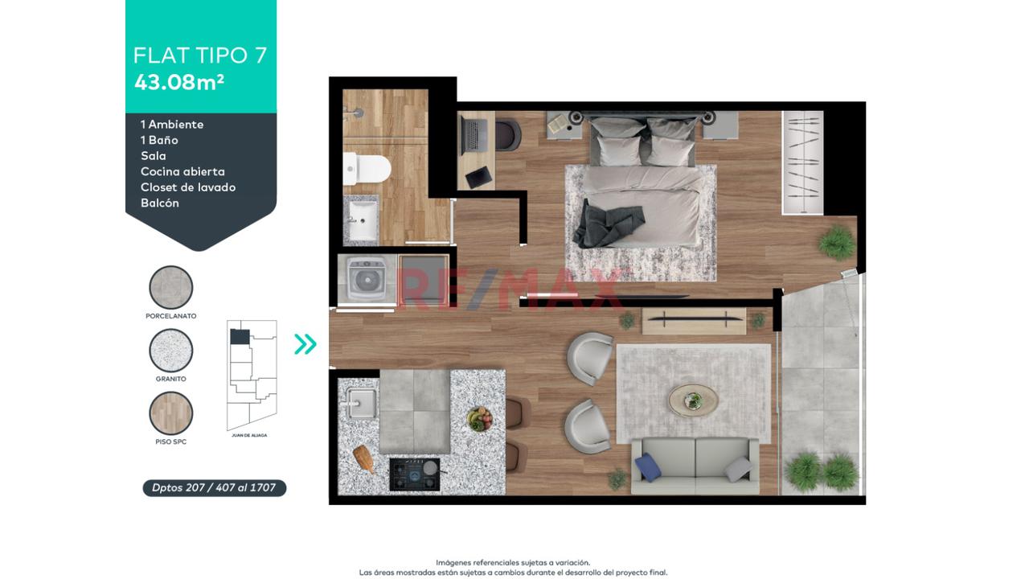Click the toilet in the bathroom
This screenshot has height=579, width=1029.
[367, 169]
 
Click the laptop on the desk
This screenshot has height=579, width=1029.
[474, 137]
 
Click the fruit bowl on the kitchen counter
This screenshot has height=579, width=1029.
[480, 419]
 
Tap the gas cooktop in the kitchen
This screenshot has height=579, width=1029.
[416, 474]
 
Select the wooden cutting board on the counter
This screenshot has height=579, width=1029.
[365, 459]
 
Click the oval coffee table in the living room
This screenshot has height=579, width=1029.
[693, 400]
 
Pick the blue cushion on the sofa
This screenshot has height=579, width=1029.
[648, 467]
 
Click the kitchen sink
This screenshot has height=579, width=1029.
[361, 403]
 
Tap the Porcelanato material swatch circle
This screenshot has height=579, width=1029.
[171, 287]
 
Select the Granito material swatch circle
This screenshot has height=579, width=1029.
[171, 350]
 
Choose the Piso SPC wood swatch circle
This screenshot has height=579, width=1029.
[171, 413]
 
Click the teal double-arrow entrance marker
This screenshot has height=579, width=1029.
[305, 343]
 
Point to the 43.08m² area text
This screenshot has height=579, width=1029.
[179, 83]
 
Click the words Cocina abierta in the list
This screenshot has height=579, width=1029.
[182, 172]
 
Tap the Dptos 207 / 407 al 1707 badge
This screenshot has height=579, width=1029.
[214, 487]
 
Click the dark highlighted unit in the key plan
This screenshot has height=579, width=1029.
[240, 336]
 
